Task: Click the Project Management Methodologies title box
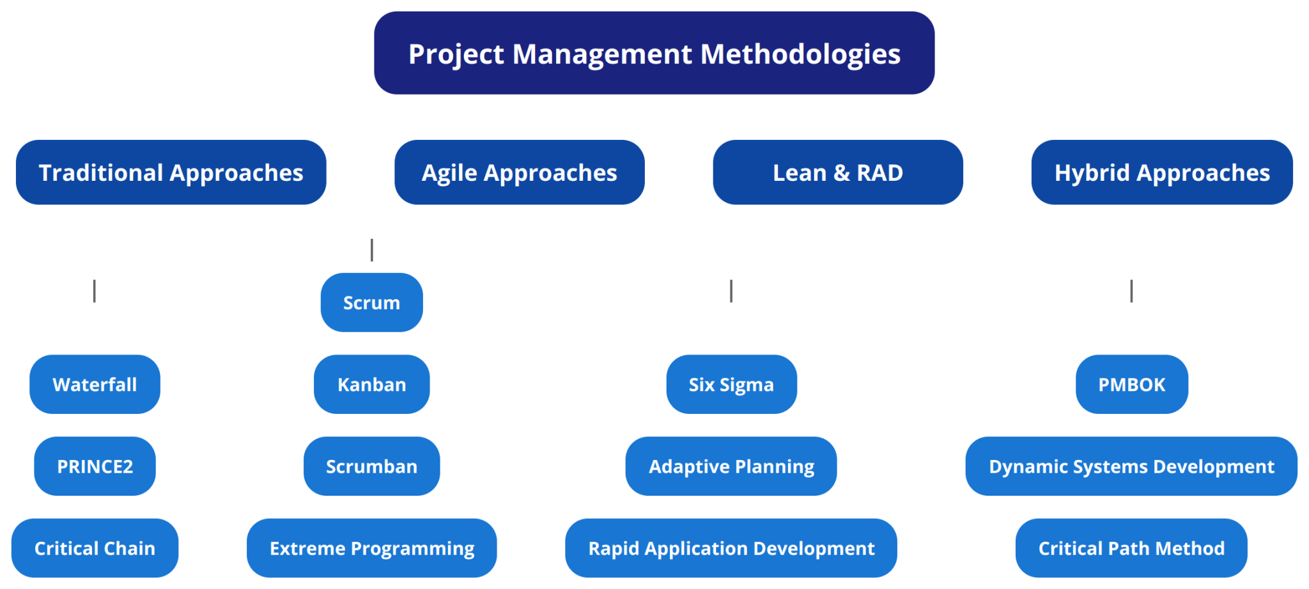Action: coord(654,53)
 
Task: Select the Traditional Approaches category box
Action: coord(171,172)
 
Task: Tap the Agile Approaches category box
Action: coord(519,172)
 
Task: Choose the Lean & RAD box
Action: coord(837,172)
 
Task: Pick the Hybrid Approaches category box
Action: coord(1161,172)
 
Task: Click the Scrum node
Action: coord(371,302)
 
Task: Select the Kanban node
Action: coord(371,384)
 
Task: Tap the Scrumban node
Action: coord(371,466)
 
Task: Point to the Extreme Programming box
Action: coord(371,548)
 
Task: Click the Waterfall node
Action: coord(95,384)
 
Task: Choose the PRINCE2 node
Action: coord(95,466)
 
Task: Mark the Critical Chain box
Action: coord(95,548)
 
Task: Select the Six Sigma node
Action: coord(731,384)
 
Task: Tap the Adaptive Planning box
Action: coord(731,466)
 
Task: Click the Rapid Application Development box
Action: coord(731,548)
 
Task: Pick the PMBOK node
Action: coord(1131,384)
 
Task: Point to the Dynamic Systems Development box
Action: coord(1131,466)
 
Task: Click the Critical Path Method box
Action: coord(1131,548)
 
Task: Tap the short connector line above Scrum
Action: coord(371,250)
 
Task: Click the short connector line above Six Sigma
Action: coord(731,291)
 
